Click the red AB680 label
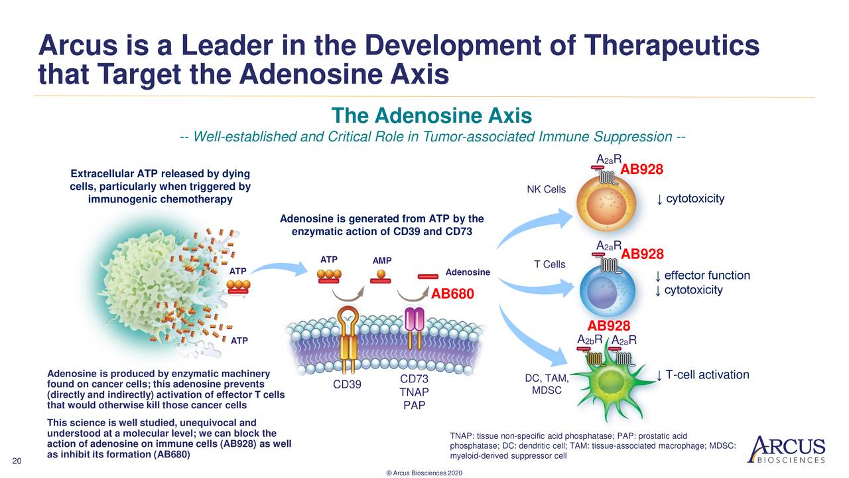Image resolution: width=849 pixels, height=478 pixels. click(x=452, y=293)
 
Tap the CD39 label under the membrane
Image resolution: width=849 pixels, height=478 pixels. click(x=348, y=384)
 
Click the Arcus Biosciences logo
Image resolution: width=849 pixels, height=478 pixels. click(x=786, y=449)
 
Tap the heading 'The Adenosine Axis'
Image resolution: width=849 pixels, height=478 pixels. click(x=432, y=117)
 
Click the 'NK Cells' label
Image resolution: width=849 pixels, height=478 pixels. click(x=546, y=190)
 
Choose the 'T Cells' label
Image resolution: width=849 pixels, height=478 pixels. click(x=550, y=265)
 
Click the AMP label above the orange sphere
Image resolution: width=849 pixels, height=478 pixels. click(x=381, y=260)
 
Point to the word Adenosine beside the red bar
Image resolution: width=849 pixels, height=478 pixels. click(x=468, y=272)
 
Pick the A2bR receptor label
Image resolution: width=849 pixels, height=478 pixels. click(x=589, y=341)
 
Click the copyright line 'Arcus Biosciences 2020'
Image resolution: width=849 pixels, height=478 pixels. click(x=424, y=472)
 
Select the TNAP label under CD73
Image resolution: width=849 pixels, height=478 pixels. click(x=414, y=392)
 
